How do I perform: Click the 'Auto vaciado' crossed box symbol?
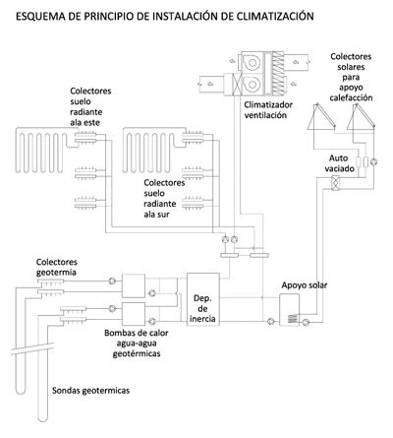coord(335,183)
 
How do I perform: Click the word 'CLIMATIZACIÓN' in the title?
coord(275,16)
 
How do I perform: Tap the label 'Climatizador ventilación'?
coord(268,110)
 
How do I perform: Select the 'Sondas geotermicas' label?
coord(90,391)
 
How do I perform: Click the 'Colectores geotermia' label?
coord(57,267)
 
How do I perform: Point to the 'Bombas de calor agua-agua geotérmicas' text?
coord(137,343)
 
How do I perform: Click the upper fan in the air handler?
coord(252,62)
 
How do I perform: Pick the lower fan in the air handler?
coord(252,85)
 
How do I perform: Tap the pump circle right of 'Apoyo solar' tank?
coord(306,322)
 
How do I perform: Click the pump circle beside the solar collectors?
coord(373,161)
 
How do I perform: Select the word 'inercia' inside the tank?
coord(202,318)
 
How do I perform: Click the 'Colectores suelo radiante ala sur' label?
coord(164,199)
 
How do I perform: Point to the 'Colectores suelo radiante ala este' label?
coord(90,106)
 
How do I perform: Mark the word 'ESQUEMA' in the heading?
coord(40,16)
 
